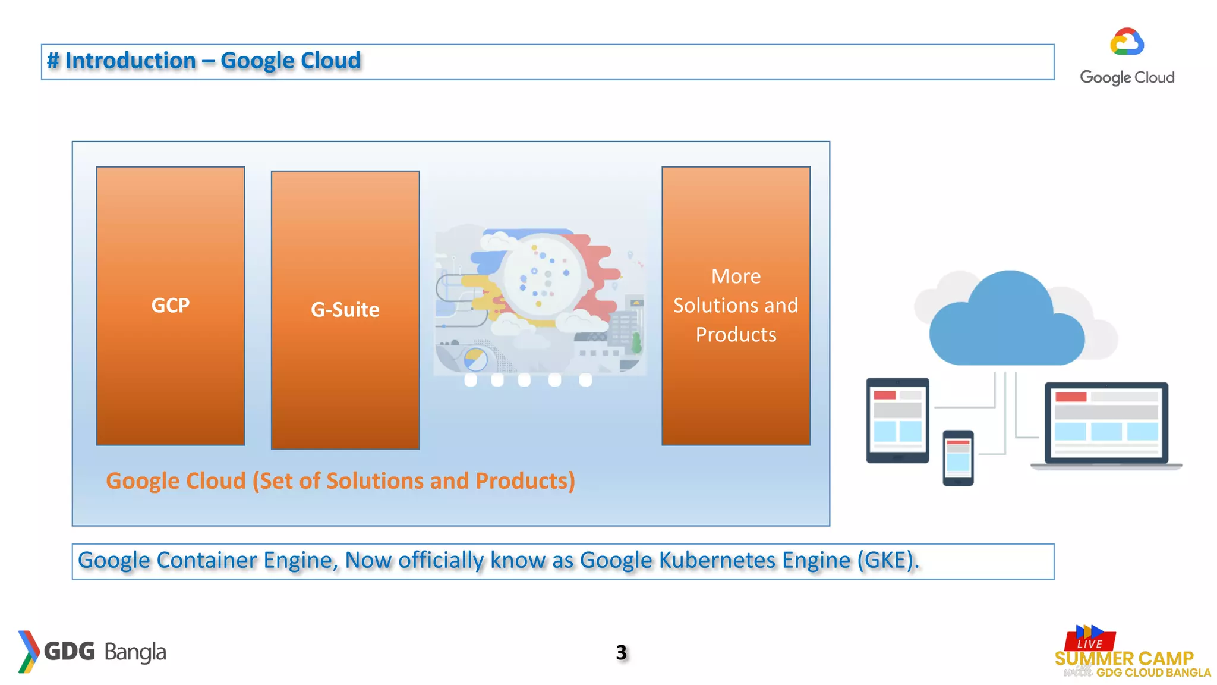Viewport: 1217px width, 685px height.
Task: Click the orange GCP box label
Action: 171,305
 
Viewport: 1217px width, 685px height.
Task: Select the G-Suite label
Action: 345,310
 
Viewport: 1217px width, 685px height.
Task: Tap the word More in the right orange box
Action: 736,276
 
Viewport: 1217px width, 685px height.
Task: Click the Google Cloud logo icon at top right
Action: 1127,42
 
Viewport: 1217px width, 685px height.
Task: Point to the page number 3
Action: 621,652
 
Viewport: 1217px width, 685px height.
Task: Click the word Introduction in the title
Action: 130,61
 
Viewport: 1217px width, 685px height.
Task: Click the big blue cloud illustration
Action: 1007,321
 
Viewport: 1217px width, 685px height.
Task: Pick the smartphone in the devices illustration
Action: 958,458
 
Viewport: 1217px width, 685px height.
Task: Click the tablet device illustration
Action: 897,420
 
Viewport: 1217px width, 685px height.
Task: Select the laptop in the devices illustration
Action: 1106,425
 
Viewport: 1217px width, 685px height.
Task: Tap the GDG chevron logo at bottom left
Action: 28,652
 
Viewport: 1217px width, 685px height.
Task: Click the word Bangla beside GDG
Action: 135,652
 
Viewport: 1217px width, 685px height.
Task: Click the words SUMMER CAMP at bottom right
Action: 1124,658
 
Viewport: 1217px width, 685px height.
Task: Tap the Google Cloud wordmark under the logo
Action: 1127,77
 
